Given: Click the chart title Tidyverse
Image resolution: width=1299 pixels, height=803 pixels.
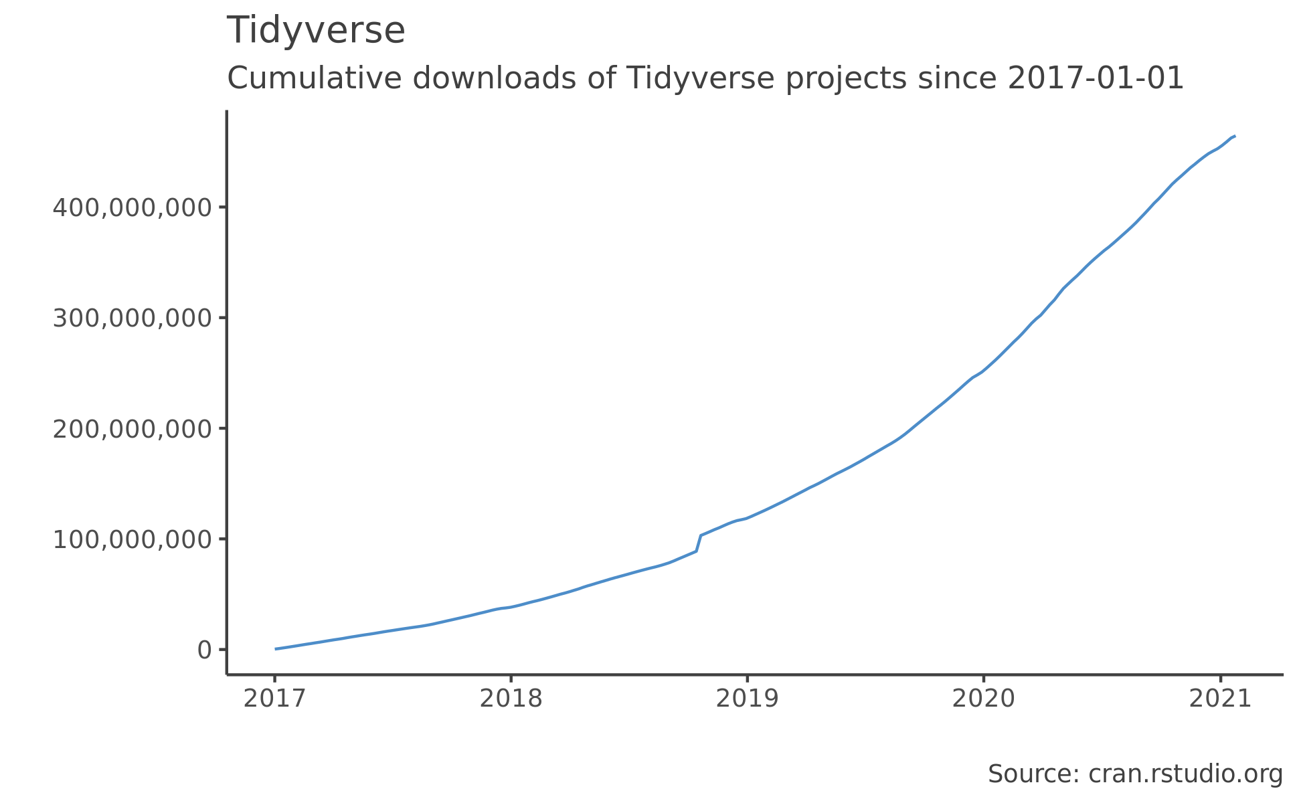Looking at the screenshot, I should pos(316,31).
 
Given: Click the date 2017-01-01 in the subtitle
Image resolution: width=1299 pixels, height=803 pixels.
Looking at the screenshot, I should pos(1096,79).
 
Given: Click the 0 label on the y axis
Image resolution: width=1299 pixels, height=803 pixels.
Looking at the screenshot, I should pos(204,650).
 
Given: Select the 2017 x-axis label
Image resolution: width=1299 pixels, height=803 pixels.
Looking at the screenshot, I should pos(274,699).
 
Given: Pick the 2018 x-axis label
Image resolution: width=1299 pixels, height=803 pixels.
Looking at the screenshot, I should pos(511,699).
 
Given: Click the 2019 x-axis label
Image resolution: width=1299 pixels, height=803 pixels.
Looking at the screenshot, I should pos(748,699).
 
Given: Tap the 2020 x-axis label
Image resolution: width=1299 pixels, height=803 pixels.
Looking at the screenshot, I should pos(984,699).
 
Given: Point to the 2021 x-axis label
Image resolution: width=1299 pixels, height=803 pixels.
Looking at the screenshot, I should pos(1220,699).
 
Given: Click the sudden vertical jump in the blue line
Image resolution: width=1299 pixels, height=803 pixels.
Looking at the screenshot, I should pos(699,543).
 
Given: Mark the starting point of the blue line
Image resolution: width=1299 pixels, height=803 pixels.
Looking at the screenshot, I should pos(276,648).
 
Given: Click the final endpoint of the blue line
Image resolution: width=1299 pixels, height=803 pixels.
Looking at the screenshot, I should pos(1234,137).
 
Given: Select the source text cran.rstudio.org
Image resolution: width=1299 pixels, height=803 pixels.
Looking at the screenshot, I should pos(1185,774).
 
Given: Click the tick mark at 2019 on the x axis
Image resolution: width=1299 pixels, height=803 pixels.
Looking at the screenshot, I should pos(748,679).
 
